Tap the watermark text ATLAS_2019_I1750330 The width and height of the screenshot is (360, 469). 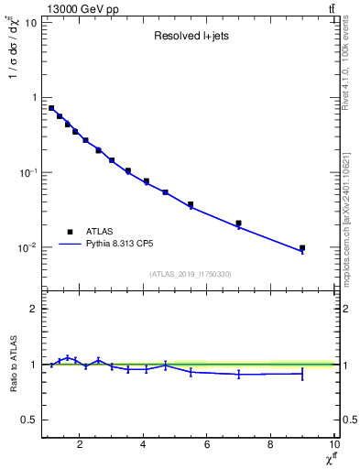190,274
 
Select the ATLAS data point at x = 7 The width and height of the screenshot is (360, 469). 238,223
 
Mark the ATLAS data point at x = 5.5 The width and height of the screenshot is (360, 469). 191,204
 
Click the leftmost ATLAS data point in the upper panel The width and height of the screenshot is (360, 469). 51,108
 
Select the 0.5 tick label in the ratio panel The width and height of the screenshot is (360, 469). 29,420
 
